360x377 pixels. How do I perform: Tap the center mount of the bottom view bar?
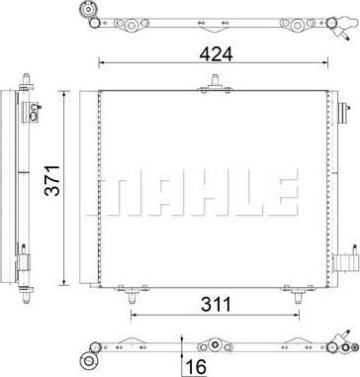click(209, 347)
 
